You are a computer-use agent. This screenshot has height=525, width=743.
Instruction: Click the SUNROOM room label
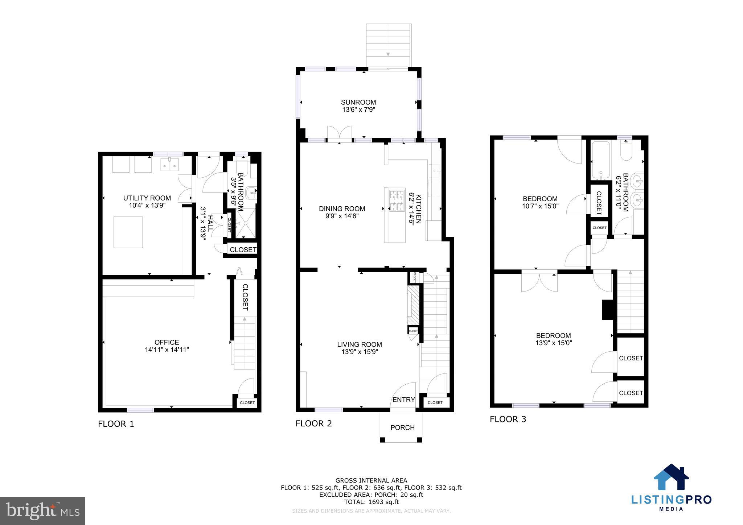(358, 102)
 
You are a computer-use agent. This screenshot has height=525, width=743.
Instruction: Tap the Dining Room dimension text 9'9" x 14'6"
(342, 216)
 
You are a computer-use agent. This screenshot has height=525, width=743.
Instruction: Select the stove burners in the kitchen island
(397, 200)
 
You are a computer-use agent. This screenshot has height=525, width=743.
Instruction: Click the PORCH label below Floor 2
(402, 427)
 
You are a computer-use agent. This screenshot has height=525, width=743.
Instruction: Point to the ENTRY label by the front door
(403, 400)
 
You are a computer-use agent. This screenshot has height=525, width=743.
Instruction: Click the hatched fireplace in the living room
(413, 305)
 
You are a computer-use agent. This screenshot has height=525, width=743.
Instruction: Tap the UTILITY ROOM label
(147, 198)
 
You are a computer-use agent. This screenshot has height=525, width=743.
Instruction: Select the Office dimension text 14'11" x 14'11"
(167, 350)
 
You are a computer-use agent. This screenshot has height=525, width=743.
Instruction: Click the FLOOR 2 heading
(313, 423)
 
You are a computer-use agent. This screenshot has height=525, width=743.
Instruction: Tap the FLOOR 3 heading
(508, 419)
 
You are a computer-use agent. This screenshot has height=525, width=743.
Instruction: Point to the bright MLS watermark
(42, 511)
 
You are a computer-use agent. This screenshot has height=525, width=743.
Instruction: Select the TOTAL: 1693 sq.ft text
(371, 502)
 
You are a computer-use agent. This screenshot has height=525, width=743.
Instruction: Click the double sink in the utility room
(170, 165)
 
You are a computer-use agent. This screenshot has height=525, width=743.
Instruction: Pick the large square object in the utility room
(128, 232)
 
